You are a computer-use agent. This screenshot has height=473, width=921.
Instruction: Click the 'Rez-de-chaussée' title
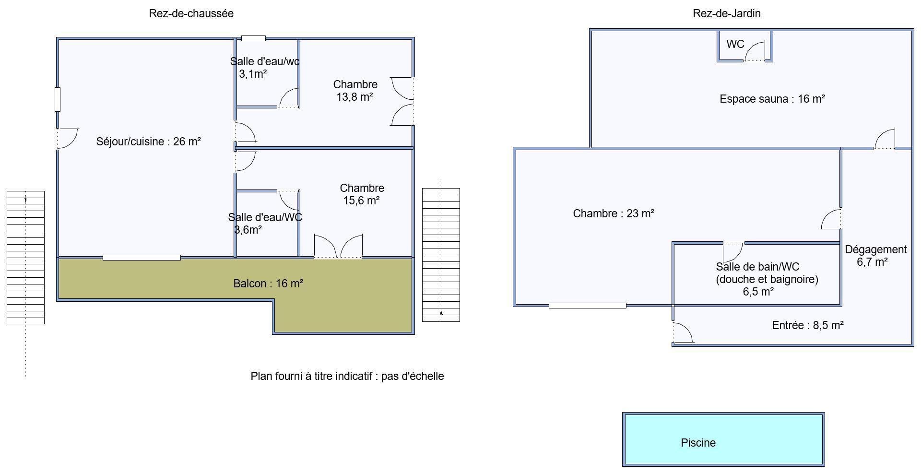pyautogui.click(x=191, y=13)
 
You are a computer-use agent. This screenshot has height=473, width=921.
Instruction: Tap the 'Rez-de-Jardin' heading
pyautogui.click(x=727, y=13)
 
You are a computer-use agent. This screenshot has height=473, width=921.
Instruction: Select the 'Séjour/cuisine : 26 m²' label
pyautogui.click(x=149, y=142)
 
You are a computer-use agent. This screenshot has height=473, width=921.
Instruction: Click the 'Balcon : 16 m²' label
pyautogui.click(x=268, y=284)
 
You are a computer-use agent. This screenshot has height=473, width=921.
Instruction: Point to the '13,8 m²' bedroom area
pyautogui.click(x=355, y=97)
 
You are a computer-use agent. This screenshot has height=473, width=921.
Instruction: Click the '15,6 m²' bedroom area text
pyautogui.click(x=362, y=201)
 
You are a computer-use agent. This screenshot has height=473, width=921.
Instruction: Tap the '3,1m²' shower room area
pyautogui.click(x=253, y=74)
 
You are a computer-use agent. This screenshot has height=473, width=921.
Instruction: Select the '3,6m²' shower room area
pyautogui.click(x=248, y=230)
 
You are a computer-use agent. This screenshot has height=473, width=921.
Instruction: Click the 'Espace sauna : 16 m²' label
pyautogui.click(x=772, y=99)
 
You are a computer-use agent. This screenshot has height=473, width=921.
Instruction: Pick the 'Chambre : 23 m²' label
pyautogui.click(x=614, y=213)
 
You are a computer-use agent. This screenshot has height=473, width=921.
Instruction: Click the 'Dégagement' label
pyautogui.click(x=876, y=249)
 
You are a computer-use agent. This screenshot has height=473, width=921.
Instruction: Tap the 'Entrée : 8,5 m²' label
pyautogui.click(x=808, y=325)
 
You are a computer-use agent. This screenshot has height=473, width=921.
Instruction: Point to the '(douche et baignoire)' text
pyautogui.click(x=767, y=279)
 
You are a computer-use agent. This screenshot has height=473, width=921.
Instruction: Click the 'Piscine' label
pyautogui.click(x=698, y=443)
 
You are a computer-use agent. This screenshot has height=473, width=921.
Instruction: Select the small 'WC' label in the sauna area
pyautogui.click(x=735, y=44)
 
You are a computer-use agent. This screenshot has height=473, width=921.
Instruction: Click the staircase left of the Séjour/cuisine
pyautogui.click(x=25, y=258)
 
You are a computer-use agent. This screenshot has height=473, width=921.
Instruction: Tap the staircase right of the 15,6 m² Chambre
pyautogui.click(x=441, y=255)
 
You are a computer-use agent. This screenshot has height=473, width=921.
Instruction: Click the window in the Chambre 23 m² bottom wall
pyautogui.click(x=587, y=306)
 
